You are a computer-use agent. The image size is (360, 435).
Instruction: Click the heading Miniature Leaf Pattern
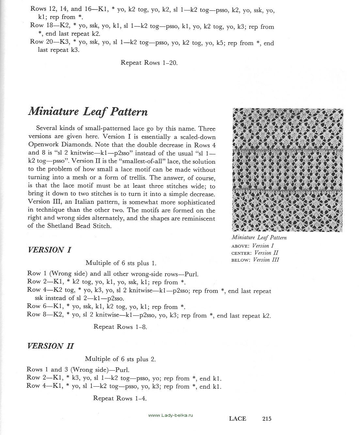tap(88, 112)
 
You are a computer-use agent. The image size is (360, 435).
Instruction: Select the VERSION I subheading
tap(50, 250)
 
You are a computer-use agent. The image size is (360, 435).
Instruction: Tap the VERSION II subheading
tap(51, 346)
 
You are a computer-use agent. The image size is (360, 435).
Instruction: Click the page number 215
tap(267, 419)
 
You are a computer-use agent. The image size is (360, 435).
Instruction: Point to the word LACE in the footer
tap(237, 419)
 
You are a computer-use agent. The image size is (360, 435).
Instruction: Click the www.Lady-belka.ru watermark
tap(171, 415)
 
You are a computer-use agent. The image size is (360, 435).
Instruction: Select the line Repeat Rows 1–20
tap(149, 63)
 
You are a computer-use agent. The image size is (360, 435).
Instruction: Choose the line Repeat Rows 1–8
tap(120, 327)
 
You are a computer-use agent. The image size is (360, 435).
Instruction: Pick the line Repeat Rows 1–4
tap(120, 398)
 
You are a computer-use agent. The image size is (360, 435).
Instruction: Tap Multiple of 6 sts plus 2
tap(120, 359)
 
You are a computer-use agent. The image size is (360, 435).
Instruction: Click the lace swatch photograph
tap(288, 170)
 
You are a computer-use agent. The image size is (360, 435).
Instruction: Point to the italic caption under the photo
tap(259, 238)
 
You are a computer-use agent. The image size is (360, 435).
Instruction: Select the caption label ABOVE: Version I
tap(253, 246)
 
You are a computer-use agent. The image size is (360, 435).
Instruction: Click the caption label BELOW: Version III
tap(255, 260)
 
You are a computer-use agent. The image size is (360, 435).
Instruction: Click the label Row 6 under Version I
tap(38, 307)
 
